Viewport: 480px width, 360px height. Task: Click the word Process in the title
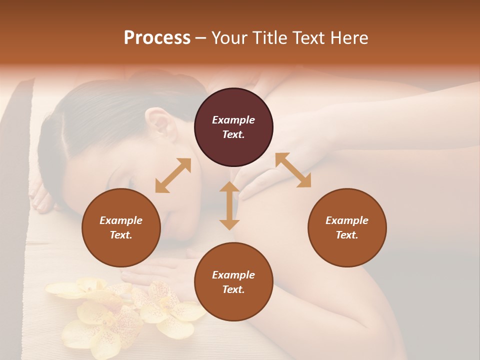[157, 38]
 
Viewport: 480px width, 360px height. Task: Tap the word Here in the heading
[349, 38]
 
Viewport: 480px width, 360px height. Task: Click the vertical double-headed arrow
[229, 205]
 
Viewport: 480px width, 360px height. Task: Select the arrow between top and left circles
[173, 175]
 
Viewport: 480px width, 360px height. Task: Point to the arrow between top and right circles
[293, 170]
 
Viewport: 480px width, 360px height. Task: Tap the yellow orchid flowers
[125, 310]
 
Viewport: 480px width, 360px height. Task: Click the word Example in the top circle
[233, 120]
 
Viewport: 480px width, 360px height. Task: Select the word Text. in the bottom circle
[233, 289]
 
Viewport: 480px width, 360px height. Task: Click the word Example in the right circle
[347, 220]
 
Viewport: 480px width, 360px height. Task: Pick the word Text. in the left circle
[121, 235]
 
